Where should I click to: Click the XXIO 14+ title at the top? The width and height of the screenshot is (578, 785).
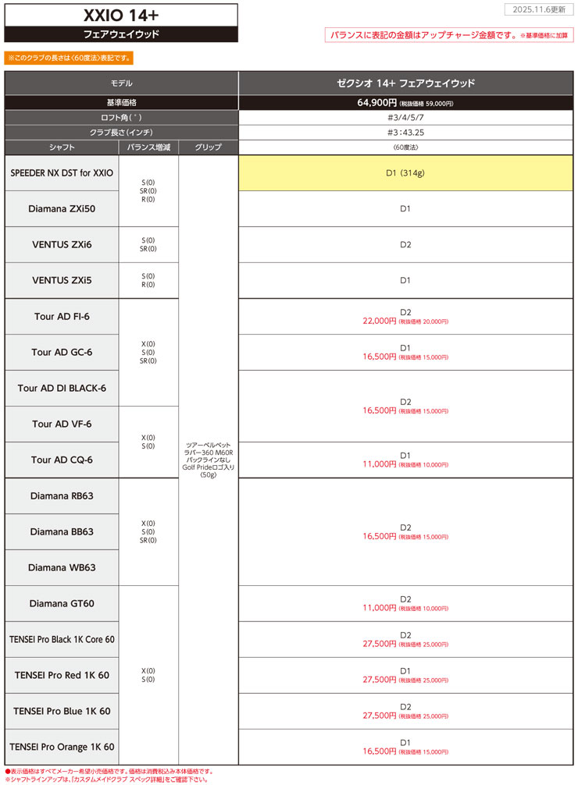coord(120,15)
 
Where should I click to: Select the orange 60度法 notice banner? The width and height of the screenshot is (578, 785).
coord(69,58)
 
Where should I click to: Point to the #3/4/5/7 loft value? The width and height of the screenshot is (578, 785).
coord(405,117)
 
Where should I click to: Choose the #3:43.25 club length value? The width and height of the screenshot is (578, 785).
coord(405,132)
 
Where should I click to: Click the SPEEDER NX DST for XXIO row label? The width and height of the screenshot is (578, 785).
coord(62,172)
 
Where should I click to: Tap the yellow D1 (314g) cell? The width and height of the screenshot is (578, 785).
coord(405,172)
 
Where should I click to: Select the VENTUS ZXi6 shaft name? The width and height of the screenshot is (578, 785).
coord(62,244)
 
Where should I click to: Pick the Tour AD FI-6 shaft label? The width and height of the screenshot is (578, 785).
coord(62,317)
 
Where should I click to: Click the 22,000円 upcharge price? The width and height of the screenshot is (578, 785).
coord(380,321)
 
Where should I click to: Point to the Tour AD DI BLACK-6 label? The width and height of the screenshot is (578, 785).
coord(62,388)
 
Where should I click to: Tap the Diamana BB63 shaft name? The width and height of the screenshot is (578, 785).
coord(62,531)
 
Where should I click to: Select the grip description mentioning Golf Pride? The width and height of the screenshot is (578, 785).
coord(208,460)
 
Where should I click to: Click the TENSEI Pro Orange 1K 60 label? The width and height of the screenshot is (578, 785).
coord(62,747)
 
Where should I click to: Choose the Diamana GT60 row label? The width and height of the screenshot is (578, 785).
coord(62,603)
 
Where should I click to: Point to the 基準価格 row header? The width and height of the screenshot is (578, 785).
coord(121,102)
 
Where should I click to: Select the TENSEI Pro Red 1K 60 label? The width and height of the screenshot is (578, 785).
coord(62,675)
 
